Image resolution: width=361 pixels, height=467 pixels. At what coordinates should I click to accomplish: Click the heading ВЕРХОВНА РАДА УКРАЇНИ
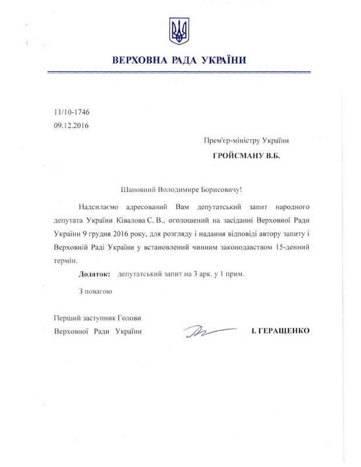179,60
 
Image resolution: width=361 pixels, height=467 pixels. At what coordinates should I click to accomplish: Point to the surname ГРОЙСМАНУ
241,156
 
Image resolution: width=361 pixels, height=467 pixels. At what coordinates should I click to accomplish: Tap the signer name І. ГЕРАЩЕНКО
279,330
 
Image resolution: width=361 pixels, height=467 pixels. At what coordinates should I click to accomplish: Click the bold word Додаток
93,273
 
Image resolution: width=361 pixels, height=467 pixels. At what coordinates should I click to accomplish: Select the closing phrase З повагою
95,290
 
